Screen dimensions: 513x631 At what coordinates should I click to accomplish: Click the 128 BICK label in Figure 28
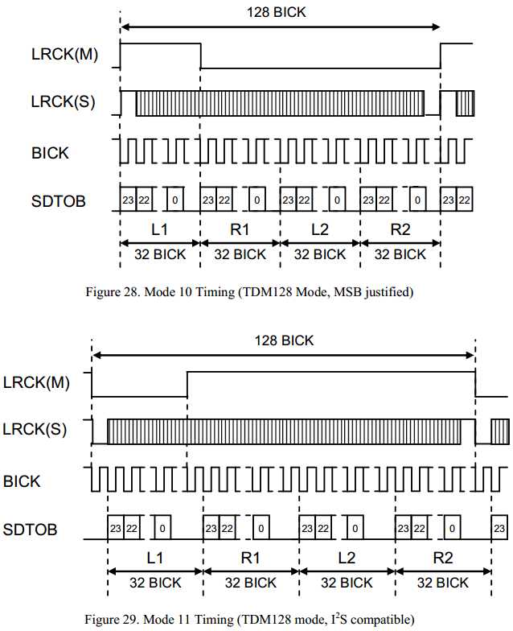point(277,12)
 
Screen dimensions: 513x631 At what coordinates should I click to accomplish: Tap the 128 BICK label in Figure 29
point(284,340)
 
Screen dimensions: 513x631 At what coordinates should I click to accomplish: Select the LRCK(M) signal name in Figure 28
point(64,55)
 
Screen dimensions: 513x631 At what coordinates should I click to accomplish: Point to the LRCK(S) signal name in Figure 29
point(35,430)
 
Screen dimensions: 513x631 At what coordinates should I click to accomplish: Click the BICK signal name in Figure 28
point(50,153)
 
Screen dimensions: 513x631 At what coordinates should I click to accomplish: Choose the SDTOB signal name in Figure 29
point(30,530)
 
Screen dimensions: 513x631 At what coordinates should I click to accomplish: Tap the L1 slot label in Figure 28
point(159,229)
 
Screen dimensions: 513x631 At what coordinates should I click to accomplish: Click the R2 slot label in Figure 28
point(400,229)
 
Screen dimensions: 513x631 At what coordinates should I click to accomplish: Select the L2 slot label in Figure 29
point(347,558)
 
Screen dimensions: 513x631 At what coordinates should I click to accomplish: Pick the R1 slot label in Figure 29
point(251,558)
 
